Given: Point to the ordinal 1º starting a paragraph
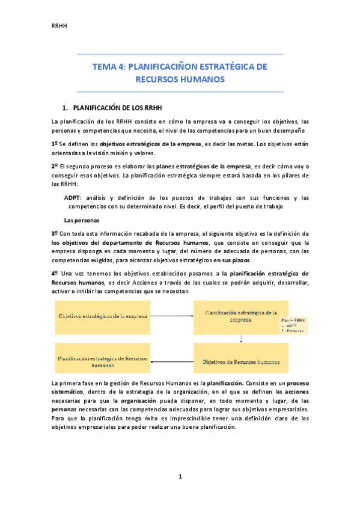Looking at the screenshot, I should (55, 144).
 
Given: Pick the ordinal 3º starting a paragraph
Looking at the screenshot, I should (55, 233).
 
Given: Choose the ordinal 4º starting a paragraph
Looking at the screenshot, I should (55, 273).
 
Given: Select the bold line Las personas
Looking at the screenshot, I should (82, 220).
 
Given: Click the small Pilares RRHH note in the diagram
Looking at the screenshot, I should (293, 325).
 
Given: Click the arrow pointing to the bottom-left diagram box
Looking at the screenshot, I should (171, 361).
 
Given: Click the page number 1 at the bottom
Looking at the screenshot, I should (180, 477).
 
